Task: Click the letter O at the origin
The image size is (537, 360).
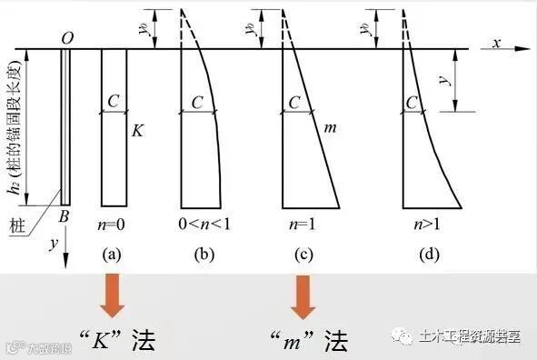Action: tap(67, 37)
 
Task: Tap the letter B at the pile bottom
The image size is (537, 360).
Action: tap(65, 218)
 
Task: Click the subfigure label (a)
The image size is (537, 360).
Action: tap(113, 255)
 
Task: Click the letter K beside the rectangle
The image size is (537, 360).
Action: tap(136, 131)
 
